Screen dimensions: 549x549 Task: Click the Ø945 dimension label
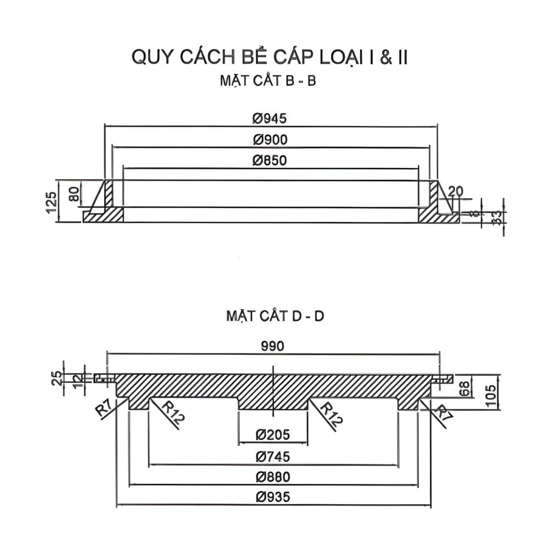pos(270,118)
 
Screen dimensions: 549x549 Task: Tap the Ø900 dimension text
pos(270,139)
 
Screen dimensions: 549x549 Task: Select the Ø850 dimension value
pos(270,161)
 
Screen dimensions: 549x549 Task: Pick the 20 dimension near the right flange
pos(456,191)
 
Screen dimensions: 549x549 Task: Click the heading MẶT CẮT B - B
pos(269,81)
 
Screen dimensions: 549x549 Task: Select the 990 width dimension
pos(273,346)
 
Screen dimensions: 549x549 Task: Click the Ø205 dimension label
pos(273,435)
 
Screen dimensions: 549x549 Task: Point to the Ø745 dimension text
pos(273,456)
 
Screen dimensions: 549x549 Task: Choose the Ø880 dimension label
pos(273,477)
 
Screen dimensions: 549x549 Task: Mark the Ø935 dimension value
pos(273,497)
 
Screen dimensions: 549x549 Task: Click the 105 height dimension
pos(491,393)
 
